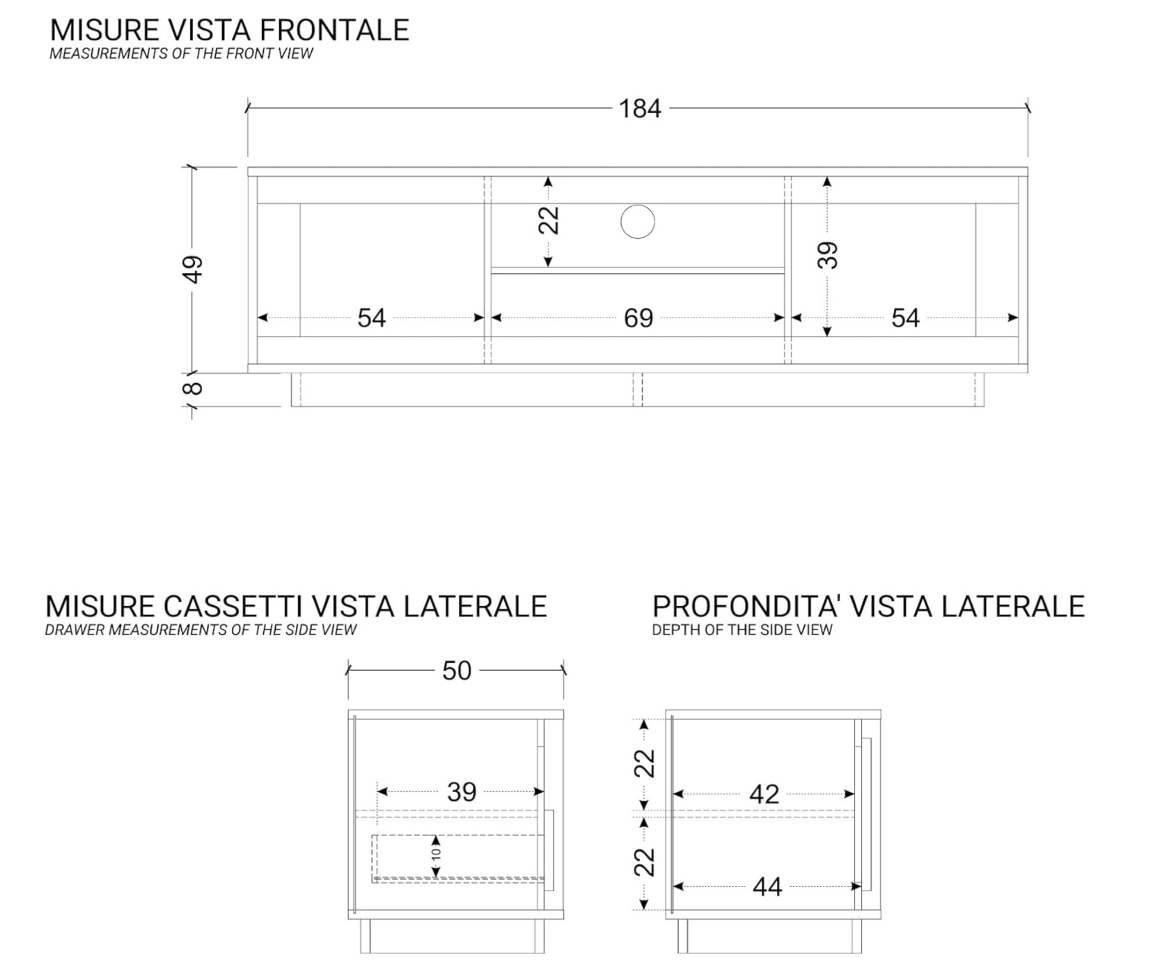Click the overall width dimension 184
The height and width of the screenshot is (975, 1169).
pyautogui.click(x=639, y=109)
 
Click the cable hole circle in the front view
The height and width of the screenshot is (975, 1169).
pyautogui.click(x=637, y=222)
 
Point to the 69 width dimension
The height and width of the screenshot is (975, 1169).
pyautogui.click(x=638, y=318)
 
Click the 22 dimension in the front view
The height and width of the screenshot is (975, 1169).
pyautogui.click(x=549, y=220)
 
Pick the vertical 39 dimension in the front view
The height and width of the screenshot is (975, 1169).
pyautogui.click(x=827, y=255)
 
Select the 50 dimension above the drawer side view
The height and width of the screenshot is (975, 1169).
pyautogui.click(x=457, y=671)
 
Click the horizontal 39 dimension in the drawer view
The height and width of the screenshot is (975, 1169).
pyautogui.click(x=461, y=792)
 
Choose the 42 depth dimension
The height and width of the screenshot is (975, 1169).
pyautogui.click(x=764, y=795)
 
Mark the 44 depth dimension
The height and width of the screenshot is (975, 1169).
pyautogui.click(x=767, y=887)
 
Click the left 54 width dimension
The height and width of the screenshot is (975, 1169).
pyautogui.click(x=371, y=318)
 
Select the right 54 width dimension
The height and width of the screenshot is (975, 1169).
pyautogui.click(x=905, y=318)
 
